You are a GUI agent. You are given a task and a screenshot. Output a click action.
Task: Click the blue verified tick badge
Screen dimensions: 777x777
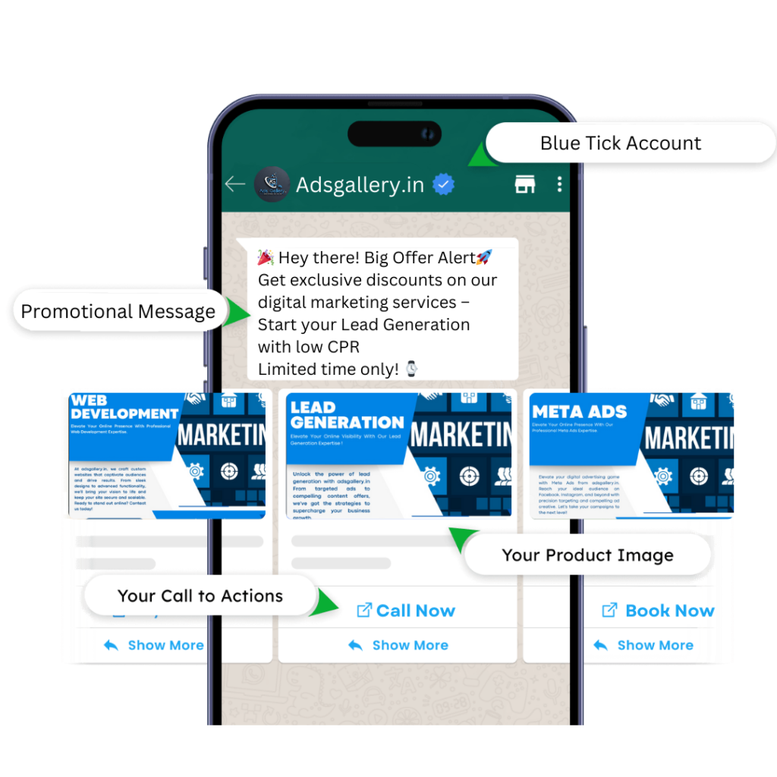click(x=444, y=184)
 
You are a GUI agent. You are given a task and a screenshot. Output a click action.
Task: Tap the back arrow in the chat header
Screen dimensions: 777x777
click(x=234, y=184)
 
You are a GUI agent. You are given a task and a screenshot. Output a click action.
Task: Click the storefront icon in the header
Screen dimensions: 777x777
click(x=525, y=184)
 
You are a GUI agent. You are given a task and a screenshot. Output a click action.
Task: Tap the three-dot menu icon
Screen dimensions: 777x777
click(x=560, y=184)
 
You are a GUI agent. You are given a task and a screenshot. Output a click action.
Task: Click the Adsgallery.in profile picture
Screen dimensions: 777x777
click(x=271, y=184)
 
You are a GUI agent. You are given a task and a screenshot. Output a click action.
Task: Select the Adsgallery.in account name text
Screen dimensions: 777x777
click(x=360, y=185)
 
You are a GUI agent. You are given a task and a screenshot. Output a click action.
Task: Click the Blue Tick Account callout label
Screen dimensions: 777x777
click(x=621, y=143)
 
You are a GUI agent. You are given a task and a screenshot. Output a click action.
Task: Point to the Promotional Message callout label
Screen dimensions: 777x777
click(x=118, y=311)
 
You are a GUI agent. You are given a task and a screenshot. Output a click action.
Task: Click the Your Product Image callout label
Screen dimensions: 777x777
click(x=587, y=555)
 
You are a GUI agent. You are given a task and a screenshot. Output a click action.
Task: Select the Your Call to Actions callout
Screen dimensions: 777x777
click(x=200, y=596)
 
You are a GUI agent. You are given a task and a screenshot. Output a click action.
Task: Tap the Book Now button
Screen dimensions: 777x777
click(x=659, y=611)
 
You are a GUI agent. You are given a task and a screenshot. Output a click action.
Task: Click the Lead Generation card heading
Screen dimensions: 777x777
click(x=347, y=416)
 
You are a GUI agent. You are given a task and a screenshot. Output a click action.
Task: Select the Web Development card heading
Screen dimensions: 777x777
click(x=124, y=407)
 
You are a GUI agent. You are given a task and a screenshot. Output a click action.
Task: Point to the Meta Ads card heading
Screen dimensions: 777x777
click(x=580, y=412)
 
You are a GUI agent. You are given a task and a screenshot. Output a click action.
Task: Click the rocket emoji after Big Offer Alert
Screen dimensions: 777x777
click(x=484, y=257)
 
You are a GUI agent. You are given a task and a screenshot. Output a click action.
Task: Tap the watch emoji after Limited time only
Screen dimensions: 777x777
click(x=411, y=369)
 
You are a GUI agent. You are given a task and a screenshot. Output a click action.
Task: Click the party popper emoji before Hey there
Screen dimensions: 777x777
click(x=266, y=257)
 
